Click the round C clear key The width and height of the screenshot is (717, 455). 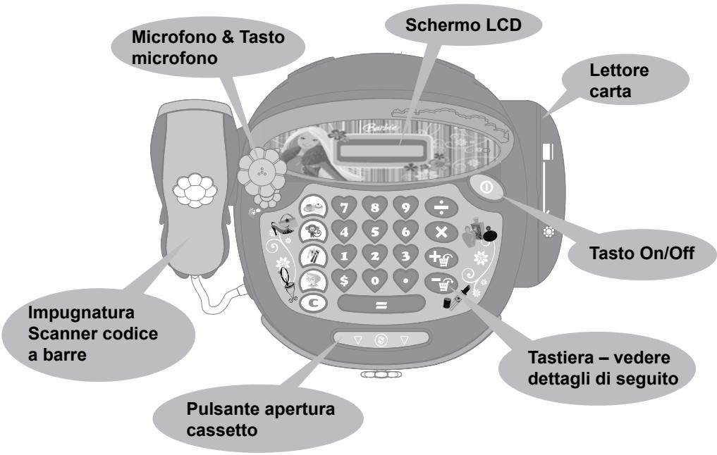click(x=313, y=305)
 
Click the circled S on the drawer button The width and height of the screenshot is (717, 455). click(x=381, y=340)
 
